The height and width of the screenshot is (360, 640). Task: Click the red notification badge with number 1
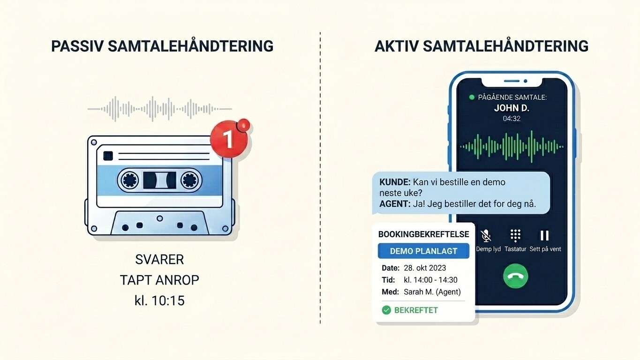[229, 139]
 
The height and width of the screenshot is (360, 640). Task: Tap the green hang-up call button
[515, 276]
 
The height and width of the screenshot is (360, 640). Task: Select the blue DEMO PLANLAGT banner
[423, 251]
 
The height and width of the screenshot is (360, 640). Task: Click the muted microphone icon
[486, 236]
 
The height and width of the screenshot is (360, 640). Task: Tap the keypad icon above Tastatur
[515, 236]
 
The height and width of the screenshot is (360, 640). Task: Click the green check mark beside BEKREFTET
[386, 310]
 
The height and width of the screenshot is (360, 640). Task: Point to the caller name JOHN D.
[512, 108]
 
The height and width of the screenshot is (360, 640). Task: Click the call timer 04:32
[512, 118]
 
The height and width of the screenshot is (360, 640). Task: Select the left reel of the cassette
[130, 180]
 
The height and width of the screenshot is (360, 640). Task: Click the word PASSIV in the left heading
[77, 46]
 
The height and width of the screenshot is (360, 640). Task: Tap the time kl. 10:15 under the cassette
[159, 300]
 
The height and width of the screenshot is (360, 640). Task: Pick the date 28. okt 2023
[425, 268]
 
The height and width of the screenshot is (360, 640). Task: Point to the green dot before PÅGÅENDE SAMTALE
[472, 97]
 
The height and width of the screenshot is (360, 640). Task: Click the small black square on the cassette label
[108, 156]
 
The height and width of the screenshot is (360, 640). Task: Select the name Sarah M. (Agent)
[432, 292]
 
